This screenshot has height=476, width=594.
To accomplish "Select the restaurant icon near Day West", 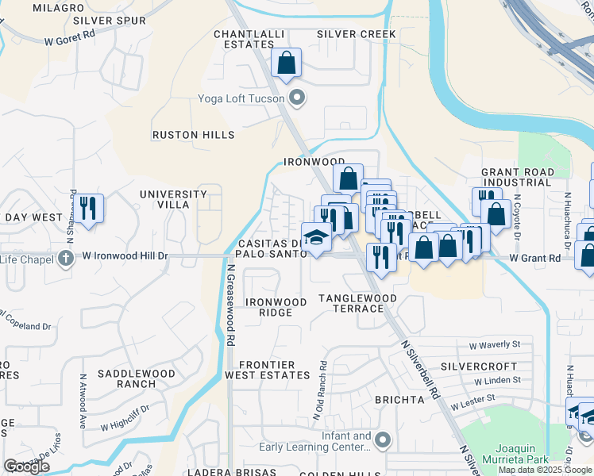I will click(x=88, y=209).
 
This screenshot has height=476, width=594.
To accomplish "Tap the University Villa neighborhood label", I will click(x=164, y=199).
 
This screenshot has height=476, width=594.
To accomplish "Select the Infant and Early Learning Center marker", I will click(x=384, y=440).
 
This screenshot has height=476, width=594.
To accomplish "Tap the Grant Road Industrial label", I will click(x=516, y=177).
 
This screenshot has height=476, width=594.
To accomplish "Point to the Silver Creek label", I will click(x=356, y=34).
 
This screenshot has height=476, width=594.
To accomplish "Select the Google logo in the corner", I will click(x=26, y=466).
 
